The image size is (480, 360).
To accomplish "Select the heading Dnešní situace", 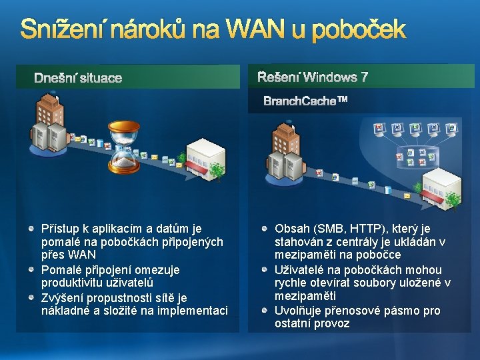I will click(78, 78).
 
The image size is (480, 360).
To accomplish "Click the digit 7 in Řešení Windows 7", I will click(364, 77).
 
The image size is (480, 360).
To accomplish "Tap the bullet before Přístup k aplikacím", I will click(31, 228).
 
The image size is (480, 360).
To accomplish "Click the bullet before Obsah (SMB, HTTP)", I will click(265, 228).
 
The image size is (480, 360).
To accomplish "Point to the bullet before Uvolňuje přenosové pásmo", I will click(265, 311).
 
